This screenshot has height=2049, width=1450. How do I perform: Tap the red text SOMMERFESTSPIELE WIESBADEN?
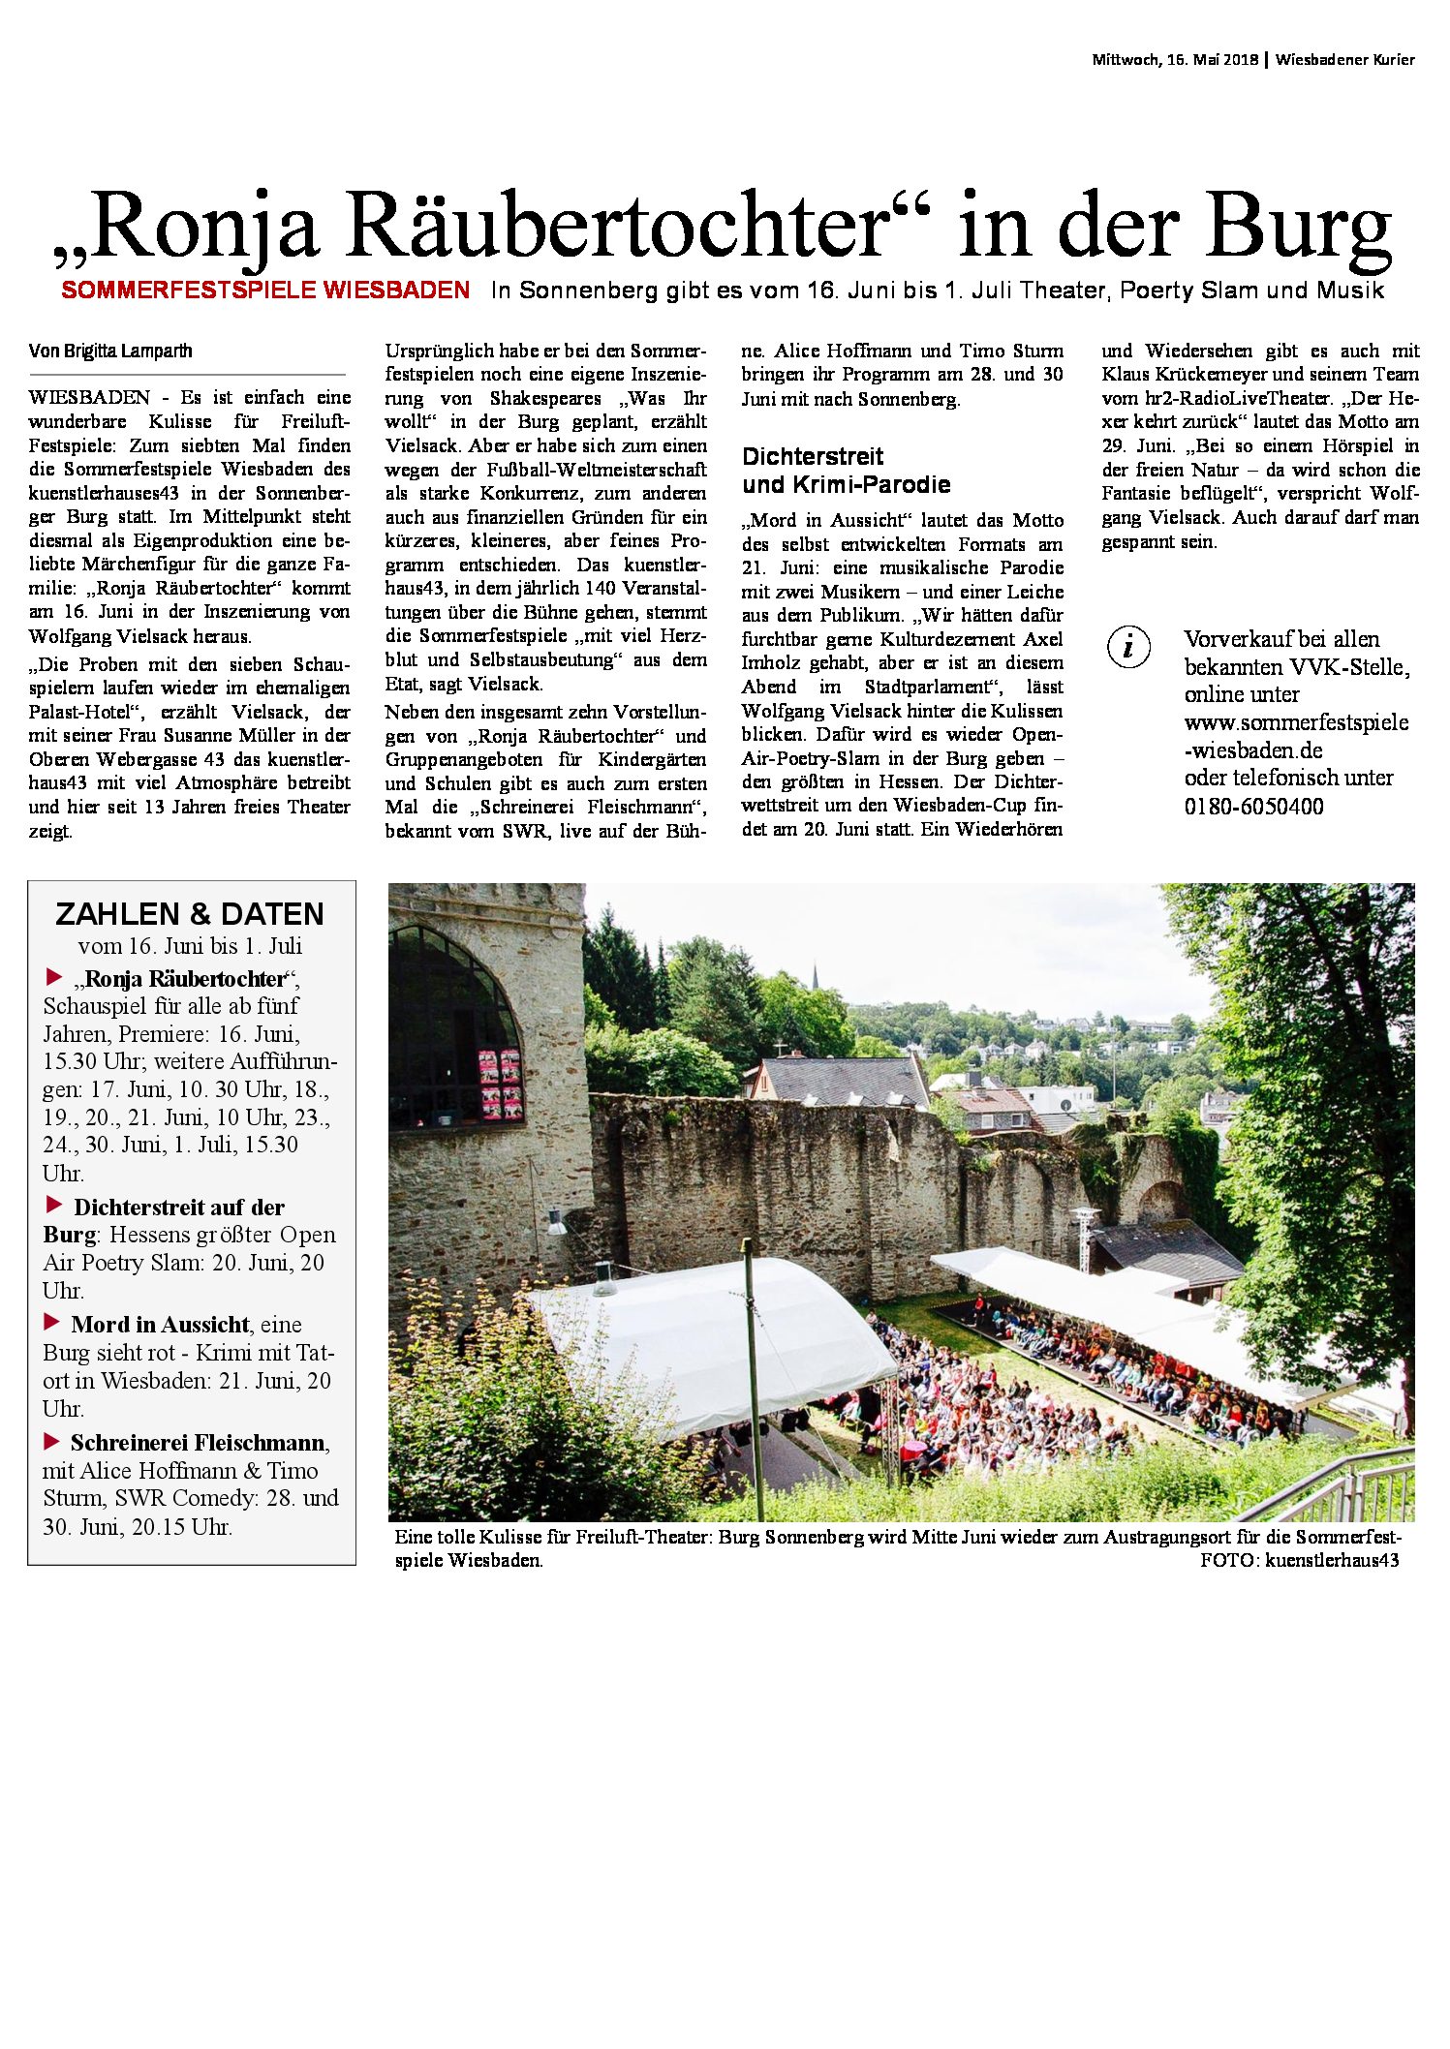tap(265, 290)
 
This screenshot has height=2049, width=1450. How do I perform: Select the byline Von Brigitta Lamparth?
tap(110, 351)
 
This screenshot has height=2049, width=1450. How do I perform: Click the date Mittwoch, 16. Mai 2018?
tap(1175, 60)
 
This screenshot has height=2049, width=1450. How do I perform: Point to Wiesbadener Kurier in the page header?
tap(1344, 60)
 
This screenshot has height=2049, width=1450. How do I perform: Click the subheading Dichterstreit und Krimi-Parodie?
tap(846, 471)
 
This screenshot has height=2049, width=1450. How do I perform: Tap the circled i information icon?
tap(1128, 647)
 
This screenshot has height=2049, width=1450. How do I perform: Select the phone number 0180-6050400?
tap(1253, 807)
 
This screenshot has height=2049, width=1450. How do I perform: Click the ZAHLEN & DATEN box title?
tap(190, 914)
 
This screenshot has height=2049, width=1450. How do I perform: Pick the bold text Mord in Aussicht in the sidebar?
tap(160, 1325)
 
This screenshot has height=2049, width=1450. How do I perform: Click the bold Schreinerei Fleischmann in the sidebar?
tap(198, 1443)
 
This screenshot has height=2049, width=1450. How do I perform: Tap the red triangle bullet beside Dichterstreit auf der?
tap(54, 1206)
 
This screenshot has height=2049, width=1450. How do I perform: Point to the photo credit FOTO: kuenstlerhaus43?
tap(1299, 1560)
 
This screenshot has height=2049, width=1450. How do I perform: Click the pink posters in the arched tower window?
tap(500, 1084)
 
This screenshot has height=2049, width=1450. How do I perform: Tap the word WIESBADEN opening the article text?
tap(89, 397)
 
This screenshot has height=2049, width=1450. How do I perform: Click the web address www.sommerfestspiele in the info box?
tap(1296, 722)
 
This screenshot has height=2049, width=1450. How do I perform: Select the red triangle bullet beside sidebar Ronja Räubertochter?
tap(54, 976)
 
